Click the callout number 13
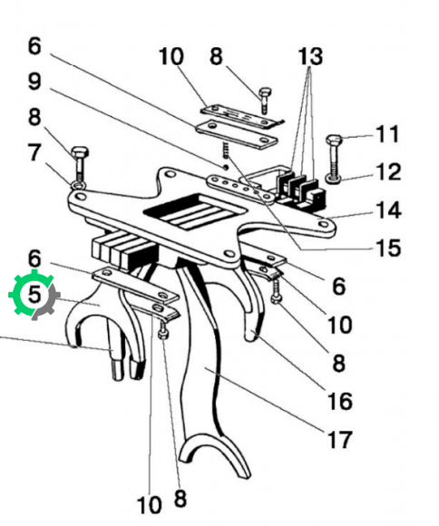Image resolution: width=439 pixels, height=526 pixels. click(x=310, y=56)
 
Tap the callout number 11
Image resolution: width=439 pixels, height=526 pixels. click(x=387, y=134)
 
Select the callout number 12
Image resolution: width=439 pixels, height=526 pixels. click(x=388, y=172)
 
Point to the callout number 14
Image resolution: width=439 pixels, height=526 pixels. click(x=388, y=210)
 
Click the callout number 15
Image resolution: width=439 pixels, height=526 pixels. click(x=388, y=248)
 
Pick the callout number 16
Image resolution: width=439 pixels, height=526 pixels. click(x=340, y=401)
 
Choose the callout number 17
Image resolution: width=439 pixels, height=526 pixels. click(x=340, y=440)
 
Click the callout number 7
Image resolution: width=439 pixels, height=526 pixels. click(x=34, y=152)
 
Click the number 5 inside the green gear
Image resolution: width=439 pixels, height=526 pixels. click(x=34, y=294)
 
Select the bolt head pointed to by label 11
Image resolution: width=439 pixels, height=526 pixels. click(x=335, y=139)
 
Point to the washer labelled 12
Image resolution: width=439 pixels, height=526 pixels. click(x=334, y=179)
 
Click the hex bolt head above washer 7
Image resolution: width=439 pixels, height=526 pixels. click(x=80, y=153)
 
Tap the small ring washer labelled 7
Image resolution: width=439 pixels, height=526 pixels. click(x=78, y=184)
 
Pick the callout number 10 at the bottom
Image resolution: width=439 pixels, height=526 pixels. click(x=150, y=505)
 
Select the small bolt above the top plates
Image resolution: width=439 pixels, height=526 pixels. click(x=265, y=100)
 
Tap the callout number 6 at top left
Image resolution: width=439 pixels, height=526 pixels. click(x=34, y=46)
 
